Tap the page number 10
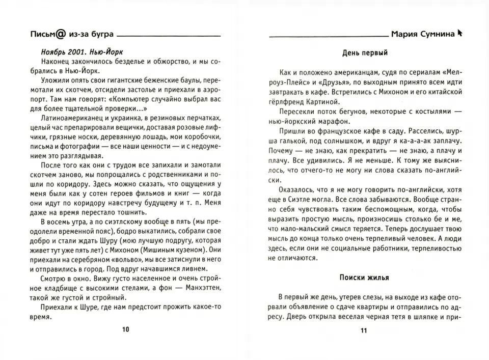(126, 329)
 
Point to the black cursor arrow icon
(460, 34)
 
